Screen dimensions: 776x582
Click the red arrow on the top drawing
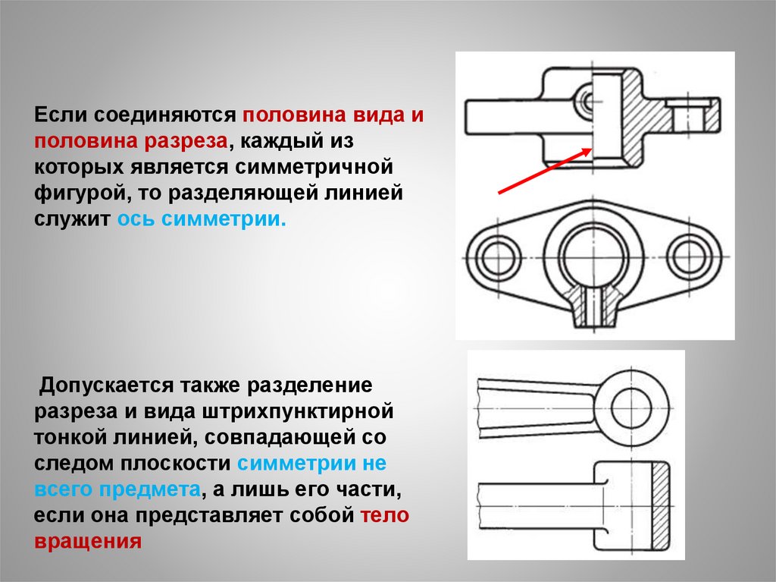[x=545, y=171]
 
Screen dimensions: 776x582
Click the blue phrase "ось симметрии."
[x=202, y=219]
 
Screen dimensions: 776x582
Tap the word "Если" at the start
[x=61, y=115]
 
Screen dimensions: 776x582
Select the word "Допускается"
[x=106, y=385]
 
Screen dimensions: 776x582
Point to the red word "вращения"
[x=88, y=541]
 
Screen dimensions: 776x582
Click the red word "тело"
[x=384, y=515]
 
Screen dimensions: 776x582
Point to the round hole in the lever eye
[x=631, y=408]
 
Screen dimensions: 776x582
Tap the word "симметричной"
[x=314, y=167]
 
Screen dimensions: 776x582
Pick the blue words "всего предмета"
[x=117, y=489]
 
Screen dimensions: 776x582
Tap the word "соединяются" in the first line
[x=164, y=115]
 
